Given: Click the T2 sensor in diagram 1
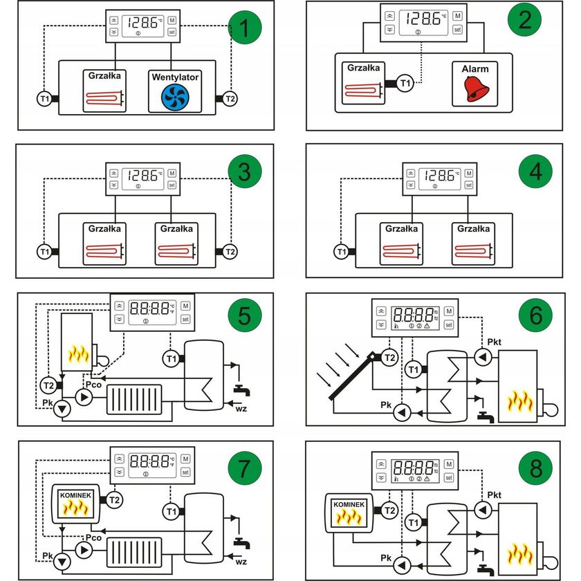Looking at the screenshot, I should [x=230, y=99].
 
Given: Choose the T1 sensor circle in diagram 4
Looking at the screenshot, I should [x=341, y=252].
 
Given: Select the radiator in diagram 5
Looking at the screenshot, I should [x=133, y=399].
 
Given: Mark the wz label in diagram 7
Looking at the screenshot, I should [x=241, y=561].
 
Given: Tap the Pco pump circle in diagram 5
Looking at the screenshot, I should [x=84, y=397].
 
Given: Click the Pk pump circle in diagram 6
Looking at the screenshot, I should [x=400, y=413].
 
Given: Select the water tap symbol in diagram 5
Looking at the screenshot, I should [x=241, y=391].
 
